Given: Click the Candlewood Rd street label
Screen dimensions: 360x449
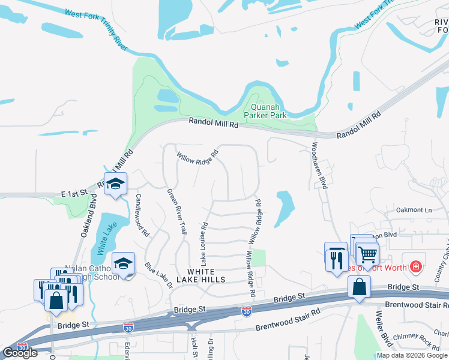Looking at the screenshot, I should click(142, 215).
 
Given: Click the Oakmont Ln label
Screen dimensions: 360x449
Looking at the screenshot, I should click(414, 210).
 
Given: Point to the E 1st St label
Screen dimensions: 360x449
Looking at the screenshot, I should click(74, 193).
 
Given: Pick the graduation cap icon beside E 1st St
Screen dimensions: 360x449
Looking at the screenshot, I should click(115, 184).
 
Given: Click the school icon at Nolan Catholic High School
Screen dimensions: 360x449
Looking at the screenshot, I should click(123, 264).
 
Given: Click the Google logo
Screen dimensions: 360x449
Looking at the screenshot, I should click(20, 353).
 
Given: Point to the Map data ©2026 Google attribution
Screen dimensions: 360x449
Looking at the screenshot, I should click(412, 355).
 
